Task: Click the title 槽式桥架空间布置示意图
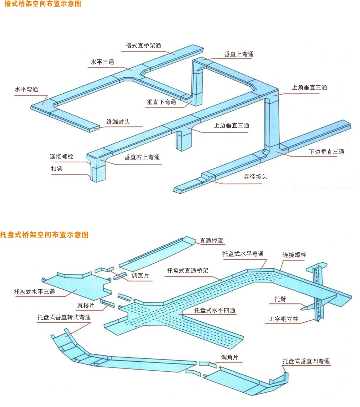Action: coord(43,4)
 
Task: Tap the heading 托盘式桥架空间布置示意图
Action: coord(44,235)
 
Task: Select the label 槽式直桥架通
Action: coord(143,45)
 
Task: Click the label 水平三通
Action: coord(102,62)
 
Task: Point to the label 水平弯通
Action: coord(26,89)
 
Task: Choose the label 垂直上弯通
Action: coord(239,54)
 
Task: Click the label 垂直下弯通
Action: coord(161,102)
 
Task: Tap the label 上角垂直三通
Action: coord(309,87)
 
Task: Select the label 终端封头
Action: coord(118,122)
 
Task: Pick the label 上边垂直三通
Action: coord(231,126)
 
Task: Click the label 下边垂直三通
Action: coord(327,152)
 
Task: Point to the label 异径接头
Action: coord(256,177)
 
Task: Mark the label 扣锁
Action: coord(57,168)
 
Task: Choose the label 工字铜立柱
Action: coord(284,319)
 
